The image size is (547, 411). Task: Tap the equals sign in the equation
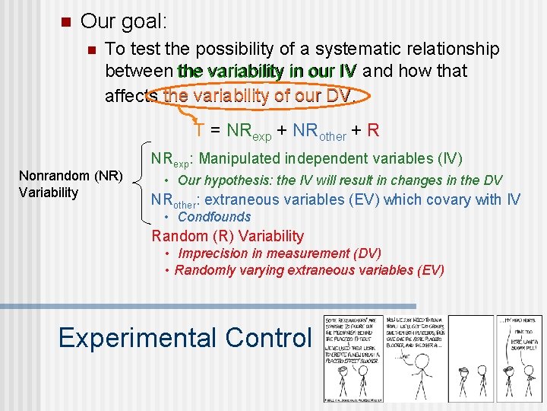click(214, 130)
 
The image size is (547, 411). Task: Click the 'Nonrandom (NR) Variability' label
click(70, 185)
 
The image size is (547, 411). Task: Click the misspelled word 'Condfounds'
click(214, 217)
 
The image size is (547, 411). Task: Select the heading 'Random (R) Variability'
click(227, 236)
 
